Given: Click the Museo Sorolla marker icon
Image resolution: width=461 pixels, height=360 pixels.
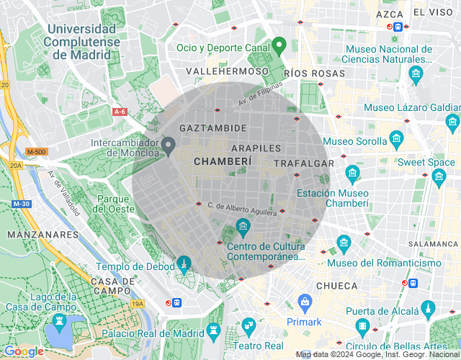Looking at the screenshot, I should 395,137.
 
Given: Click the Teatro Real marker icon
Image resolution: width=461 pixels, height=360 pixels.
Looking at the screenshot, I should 249,325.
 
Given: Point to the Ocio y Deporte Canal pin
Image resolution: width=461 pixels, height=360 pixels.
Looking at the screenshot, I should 280,45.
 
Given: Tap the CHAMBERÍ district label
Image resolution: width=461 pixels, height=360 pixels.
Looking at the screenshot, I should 223,162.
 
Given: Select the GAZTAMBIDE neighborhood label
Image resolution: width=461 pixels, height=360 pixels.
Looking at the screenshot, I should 213,127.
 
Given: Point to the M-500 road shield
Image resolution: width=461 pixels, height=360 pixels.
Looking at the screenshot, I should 35,152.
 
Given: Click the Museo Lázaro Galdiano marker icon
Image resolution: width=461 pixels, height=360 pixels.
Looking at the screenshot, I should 453,122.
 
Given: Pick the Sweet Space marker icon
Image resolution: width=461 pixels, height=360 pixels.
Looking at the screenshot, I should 439,177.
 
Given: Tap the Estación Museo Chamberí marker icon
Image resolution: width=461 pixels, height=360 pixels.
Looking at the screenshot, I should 352,173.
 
